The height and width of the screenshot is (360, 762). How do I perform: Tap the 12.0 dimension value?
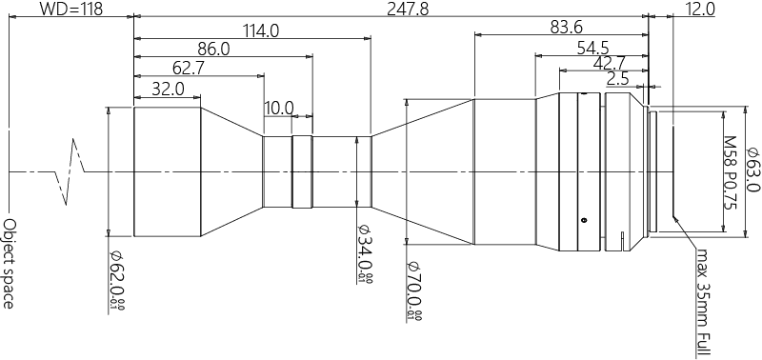coord(699,10)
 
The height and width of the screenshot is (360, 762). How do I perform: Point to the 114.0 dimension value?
coord(260,30)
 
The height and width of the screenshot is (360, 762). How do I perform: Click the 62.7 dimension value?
coord(188,68)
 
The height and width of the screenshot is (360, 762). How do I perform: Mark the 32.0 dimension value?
coord(168,88)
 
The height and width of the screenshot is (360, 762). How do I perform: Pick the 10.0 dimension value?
coord(279,108)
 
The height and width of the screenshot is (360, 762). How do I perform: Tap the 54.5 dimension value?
coord(593,48)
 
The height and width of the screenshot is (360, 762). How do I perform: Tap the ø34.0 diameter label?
coord(364,253)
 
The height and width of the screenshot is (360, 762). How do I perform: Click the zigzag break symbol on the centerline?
coord(71,171)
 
